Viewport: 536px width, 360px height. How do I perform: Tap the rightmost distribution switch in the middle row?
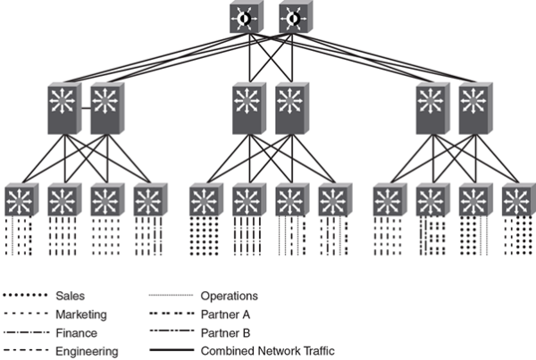473,107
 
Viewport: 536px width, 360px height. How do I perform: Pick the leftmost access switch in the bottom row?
20,200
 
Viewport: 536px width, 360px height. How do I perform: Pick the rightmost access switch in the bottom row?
515,200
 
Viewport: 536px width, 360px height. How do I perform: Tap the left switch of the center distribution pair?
248,107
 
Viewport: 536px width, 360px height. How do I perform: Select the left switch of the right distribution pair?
431,107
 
